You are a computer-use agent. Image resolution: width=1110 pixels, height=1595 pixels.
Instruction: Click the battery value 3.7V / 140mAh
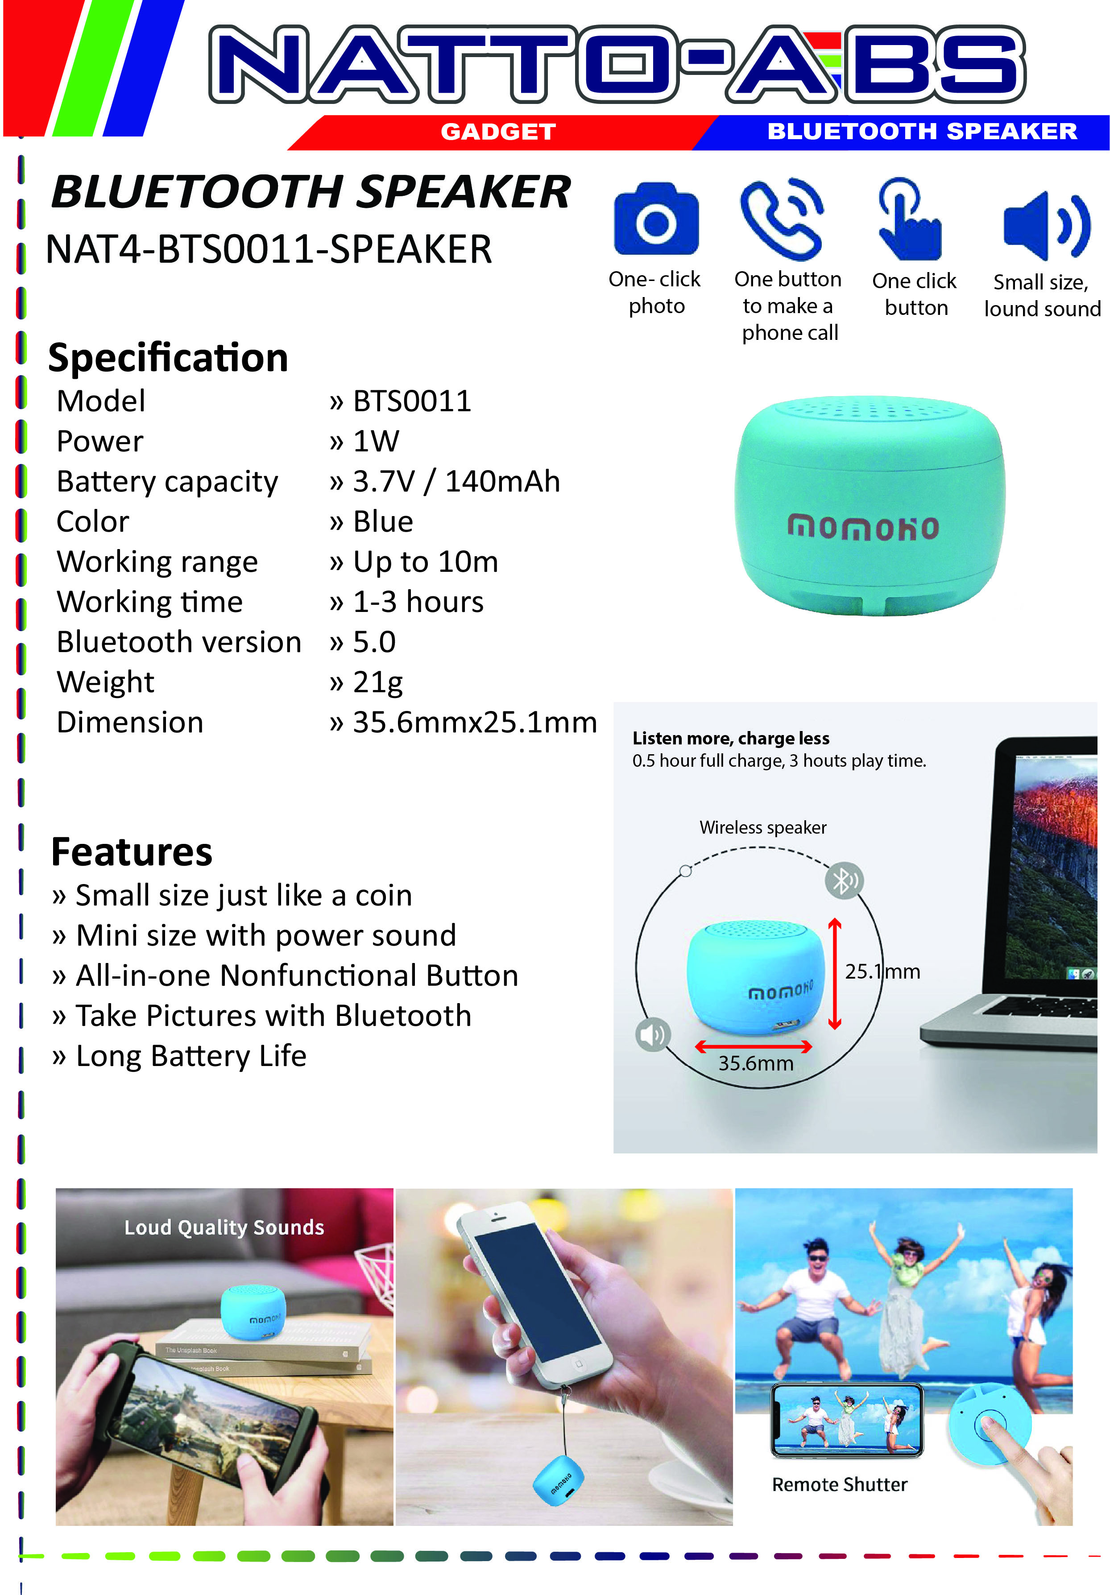click(456, 481)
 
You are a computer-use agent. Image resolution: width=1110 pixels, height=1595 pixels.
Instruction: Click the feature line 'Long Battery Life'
click(191, 1056)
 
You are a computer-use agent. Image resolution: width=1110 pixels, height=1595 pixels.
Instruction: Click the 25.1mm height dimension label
click(882, 971)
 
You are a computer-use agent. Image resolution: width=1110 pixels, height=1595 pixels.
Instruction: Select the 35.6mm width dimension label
click(755, 1063)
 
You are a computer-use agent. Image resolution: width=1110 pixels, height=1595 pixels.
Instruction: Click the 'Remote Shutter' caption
click(840, 1484)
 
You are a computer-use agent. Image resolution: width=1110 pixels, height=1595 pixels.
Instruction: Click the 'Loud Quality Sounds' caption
click(224, 1227)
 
